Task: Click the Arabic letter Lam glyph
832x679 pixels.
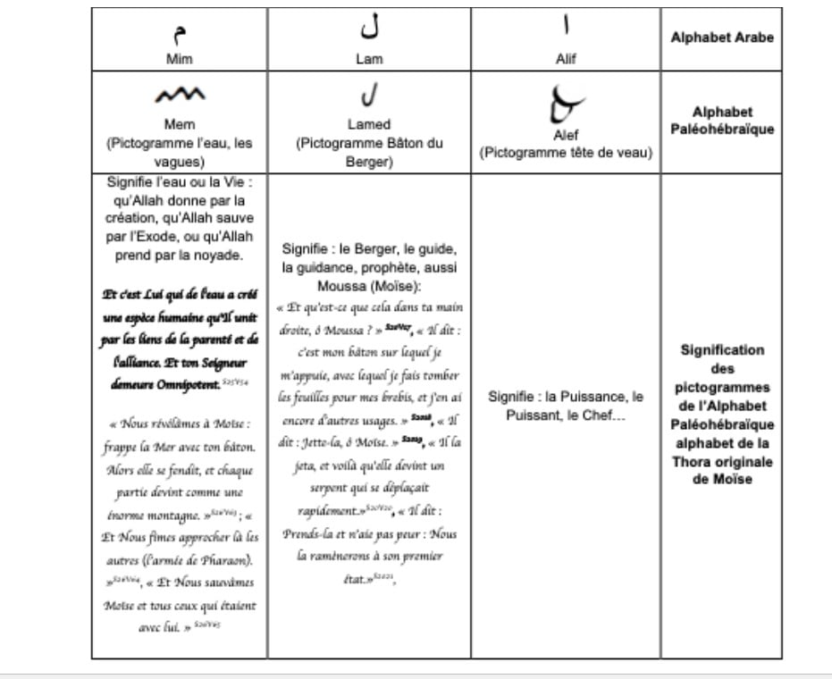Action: pyautogui.click(x=369, y=29)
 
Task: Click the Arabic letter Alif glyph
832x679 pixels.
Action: pyautogui.click(x=566, y=28)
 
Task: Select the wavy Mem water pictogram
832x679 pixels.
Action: pyautogui.click(x=180, y=96)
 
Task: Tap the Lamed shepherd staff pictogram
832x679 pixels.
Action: pyautogui.click(x=368, y=94)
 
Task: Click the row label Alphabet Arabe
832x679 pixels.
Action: pyautogui.click(x=722, y=38)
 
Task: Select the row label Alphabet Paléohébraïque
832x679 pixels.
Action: pyautogui.click(x=722, y=121)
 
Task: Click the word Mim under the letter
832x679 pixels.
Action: pyautogui.click(x=180, y=58)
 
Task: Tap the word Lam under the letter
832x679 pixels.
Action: pyautogui.click(x=369, y=58)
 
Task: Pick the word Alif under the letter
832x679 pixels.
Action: pyautogui.click(x=566, y=59)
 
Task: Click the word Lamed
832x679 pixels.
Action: pyautogui.click(x=369, y=124)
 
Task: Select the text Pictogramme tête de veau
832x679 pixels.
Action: pyautogui.click(x=567, y=153)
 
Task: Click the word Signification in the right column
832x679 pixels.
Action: pyautogui.click(x=722, y=350)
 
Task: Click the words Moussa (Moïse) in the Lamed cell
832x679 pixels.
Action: pyautogui.click(x=369, y=287)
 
